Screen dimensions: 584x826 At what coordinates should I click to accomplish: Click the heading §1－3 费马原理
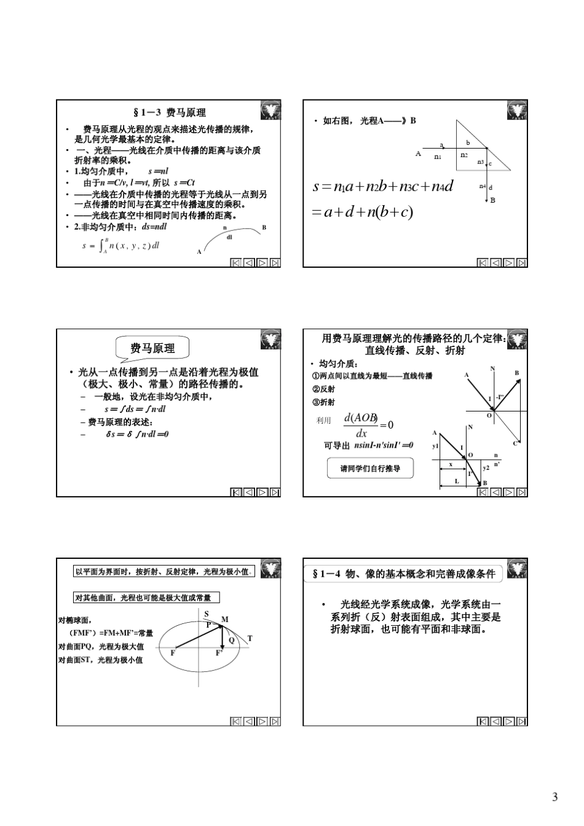pos(170,112)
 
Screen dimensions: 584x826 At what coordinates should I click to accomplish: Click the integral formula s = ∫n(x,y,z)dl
pos(120,246)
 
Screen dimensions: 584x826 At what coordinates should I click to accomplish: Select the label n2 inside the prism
pos(465,155)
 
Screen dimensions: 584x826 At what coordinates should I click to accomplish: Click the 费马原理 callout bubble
pos(152,348)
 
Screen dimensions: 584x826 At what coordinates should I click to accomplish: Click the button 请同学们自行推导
pos(370,469)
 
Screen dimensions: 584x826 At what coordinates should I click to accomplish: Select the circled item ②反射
pos(323,389)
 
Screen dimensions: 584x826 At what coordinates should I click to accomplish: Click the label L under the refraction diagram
pos(457,481)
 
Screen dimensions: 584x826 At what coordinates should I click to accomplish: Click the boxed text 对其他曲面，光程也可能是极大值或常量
pos(146,598)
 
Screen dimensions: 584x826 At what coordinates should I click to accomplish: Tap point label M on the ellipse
pos(225,619)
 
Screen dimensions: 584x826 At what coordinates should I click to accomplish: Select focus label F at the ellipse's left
pos(173,653)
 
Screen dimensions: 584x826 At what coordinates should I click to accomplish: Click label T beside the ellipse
pos(250,637)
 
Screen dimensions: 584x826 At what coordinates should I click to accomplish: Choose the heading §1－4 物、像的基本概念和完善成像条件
pos(403,574)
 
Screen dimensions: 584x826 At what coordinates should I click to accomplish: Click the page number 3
pos(554,798)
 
